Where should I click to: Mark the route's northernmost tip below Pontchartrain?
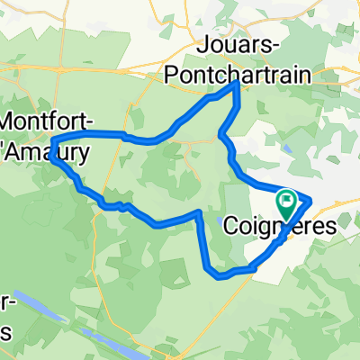(x=237, y=84)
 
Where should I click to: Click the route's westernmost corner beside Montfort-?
(x=52, y=141)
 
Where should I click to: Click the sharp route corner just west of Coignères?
(x=197, y=213)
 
